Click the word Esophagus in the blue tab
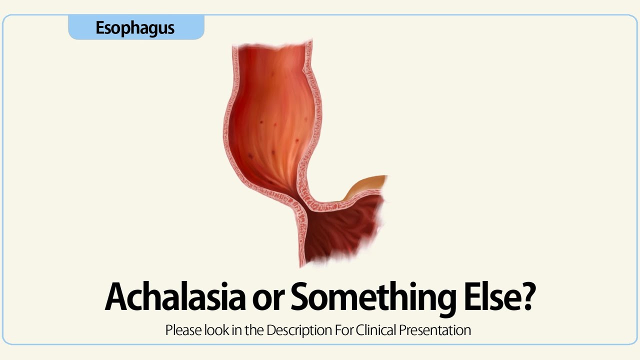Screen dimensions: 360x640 [135, 28]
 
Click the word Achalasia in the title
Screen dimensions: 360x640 [175, 297]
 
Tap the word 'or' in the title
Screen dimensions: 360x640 [268, 297]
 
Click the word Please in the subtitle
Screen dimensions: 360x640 [182, 330]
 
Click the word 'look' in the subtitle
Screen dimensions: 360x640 [213, 330]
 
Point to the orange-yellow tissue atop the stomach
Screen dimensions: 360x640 [367, 185]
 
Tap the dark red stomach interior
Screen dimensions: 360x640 [340, 230]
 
